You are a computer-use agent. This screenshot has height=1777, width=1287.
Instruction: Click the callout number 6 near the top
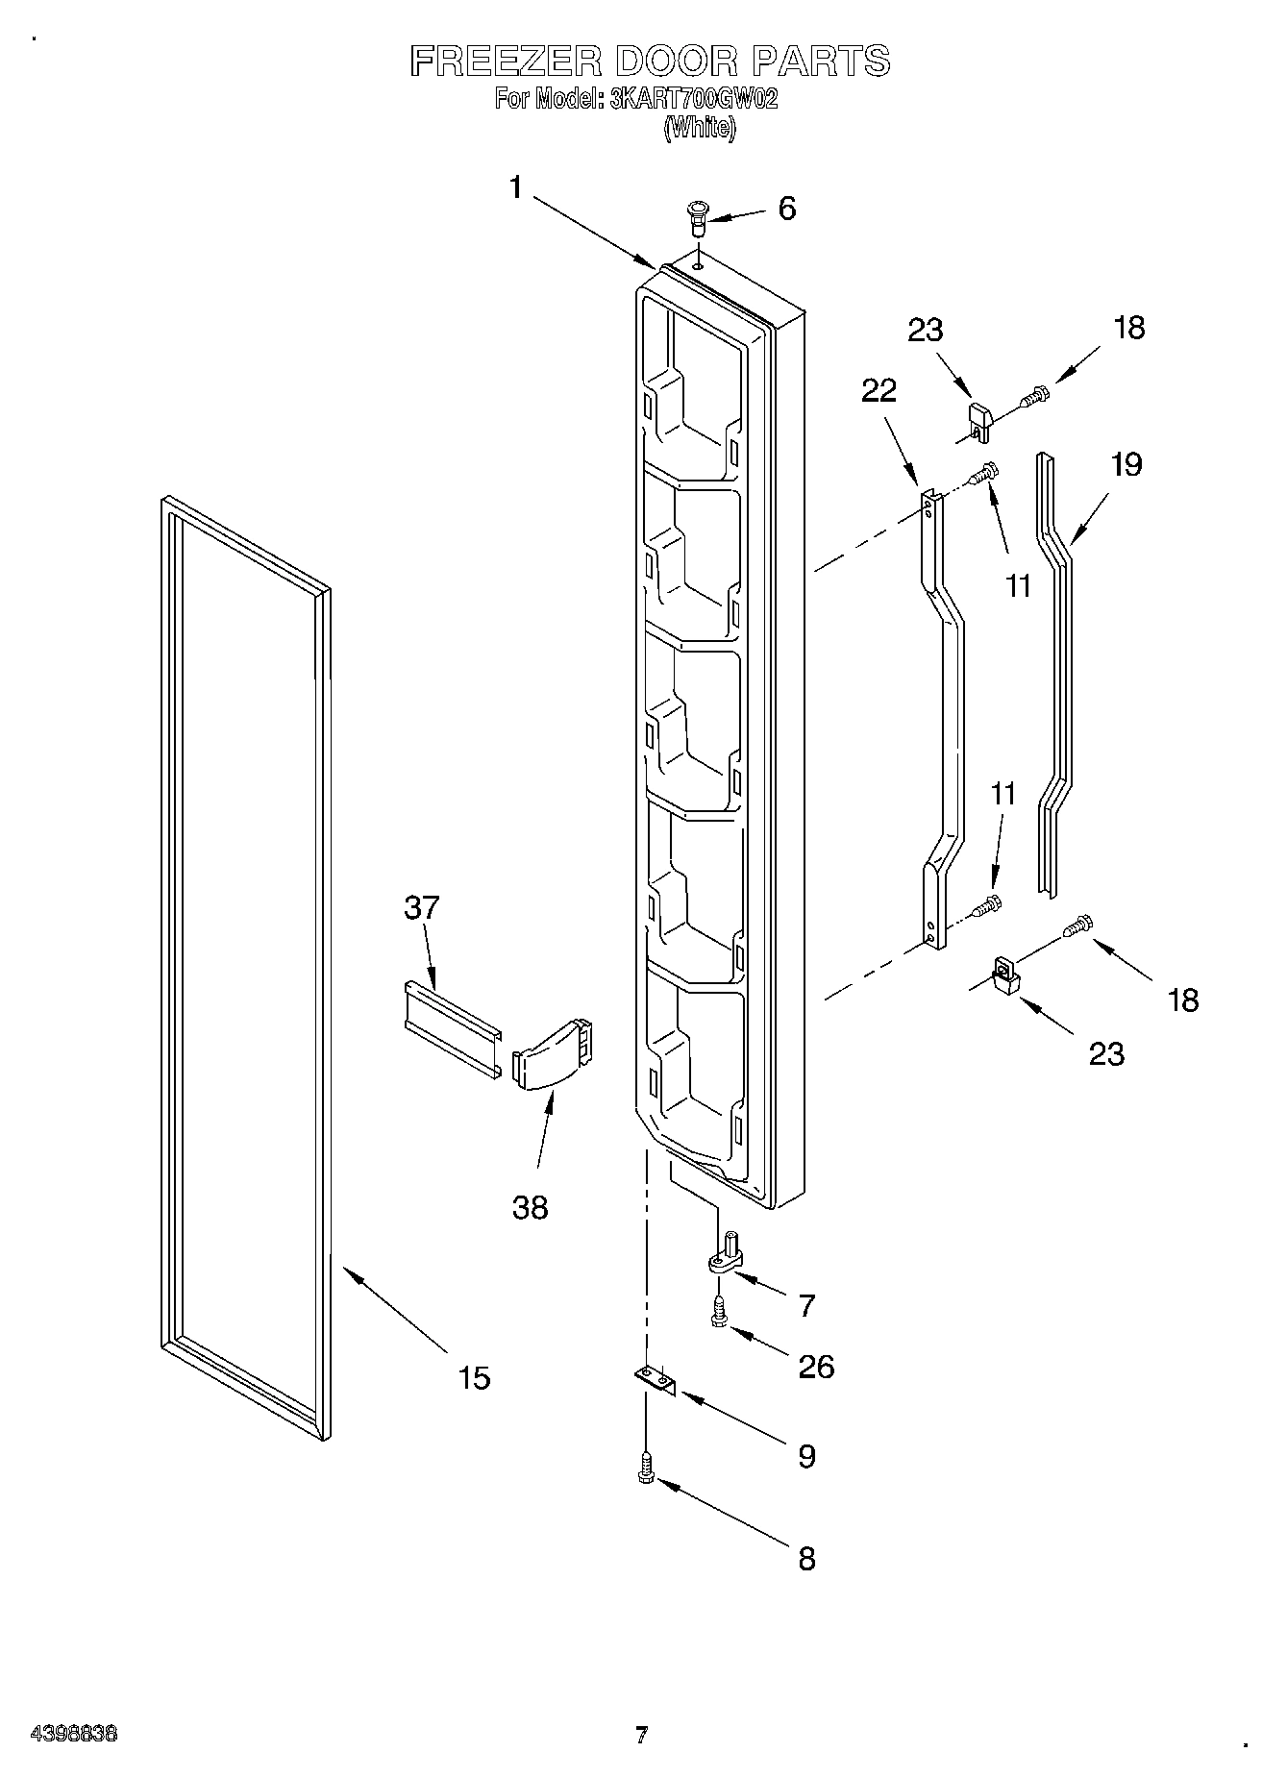786,209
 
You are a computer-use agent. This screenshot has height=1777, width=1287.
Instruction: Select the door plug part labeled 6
696,218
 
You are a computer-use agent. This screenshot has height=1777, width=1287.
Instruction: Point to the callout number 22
879,390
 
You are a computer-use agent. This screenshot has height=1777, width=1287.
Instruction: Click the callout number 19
1126,464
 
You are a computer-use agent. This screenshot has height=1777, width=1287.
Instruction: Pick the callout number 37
422,906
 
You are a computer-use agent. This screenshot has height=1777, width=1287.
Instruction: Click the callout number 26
816,1366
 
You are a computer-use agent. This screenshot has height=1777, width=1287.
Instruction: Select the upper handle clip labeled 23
978,419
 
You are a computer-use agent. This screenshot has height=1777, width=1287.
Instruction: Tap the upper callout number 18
1129,328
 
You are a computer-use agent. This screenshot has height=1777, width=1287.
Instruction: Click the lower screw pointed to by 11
986,905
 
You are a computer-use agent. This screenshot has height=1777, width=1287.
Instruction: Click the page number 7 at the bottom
641,1735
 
